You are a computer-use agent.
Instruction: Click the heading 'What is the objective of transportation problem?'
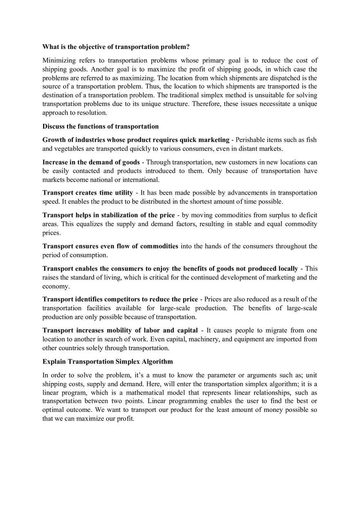(x=116, y=47)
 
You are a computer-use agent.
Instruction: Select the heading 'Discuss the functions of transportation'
(x=100, y=126)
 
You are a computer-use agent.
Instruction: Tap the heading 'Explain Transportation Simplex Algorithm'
(x=108, y=362)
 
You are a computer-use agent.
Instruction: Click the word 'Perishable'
(x=250, y=140)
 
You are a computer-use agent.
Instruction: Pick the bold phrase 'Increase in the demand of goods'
(x=91, y=162)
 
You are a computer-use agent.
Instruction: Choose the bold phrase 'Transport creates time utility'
(x=88, y=193)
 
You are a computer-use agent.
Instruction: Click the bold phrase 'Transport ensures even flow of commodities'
(x=110, y=246)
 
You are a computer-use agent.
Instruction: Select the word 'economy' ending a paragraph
(x=55, y=286)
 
